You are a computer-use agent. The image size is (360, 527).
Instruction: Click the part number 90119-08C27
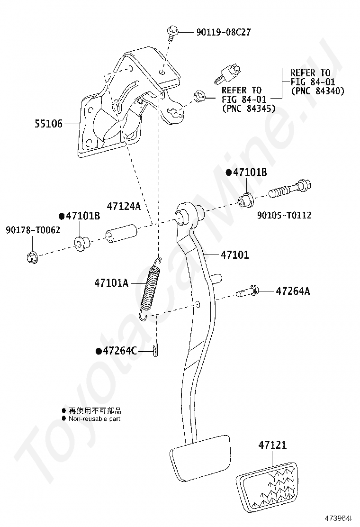pos(223,32)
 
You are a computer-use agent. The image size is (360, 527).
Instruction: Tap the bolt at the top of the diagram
pos(171,33)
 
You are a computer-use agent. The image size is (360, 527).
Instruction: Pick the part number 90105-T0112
pos(284,215)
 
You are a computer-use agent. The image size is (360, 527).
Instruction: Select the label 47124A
pos(124,207)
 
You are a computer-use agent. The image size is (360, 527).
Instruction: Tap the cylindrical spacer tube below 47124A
pos(121,234)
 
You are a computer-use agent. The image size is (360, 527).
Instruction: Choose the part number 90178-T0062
pos(33,230)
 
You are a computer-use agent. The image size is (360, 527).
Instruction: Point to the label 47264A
pos(293,291)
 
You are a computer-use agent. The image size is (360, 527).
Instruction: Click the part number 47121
pos(272,445)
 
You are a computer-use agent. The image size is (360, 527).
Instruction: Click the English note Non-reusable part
pos(94,418)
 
